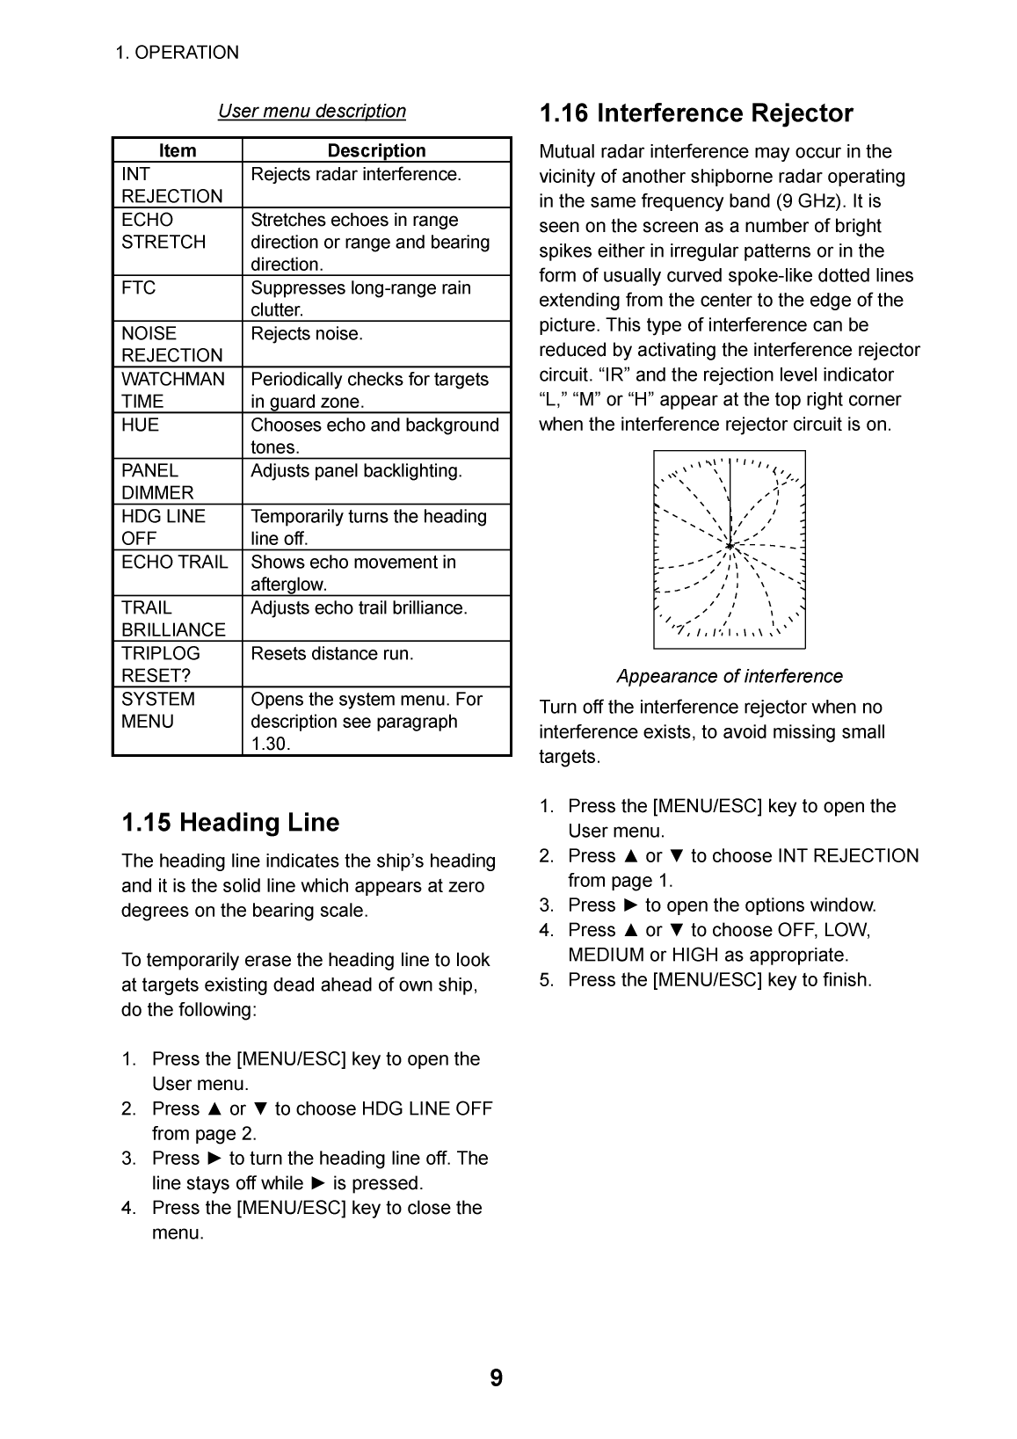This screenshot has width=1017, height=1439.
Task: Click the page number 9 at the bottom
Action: point(497,1378)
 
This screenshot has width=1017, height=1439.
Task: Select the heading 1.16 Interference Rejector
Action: point(696,113)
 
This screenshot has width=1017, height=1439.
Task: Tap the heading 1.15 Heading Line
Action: point(230,823)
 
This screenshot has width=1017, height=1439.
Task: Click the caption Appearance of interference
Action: point(729,676)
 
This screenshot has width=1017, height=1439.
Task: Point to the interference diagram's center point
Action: point(730,547)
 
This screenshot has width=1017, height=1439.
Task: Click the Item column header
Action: point(178,150)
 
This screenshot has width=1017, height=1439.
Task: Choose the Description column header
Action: point(376,150)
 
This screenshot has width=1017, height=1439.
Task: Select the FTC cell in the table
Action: point(139,288)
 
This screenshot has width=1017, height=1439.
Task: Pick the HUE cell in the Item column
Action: point(141,425)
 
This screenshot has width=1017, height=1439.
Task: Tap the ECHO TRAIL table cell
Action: point(175,563)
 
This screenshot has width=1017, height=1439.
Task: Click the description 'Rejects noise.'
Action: point(307,334)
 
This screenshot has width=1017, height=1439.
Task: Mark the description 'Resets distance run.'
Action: point(332,654)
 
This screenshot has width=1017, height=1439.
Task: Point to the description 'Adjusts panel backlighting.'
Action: point(356,471)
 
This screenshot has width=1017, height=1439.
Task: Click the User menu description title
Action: point(312,111)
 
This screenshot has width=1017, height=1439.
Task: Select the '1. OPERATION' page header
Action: point(177,53)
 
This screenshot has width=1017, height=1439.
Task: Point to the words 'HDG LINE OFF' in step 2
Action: point(427,1108)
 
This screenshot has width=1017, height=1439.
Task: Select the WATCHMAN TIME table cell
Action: point(173,390)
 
